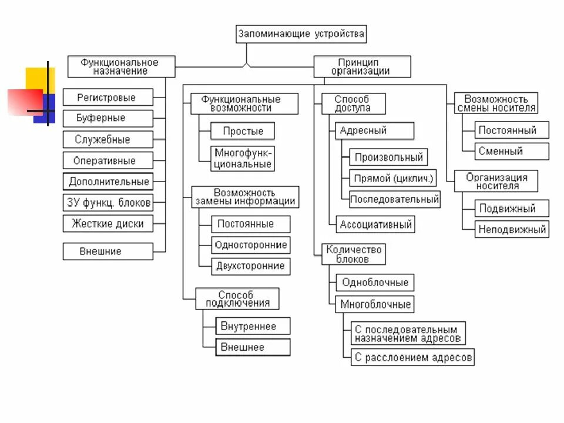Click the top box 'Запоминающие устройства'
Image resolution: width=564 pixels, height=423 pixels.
pos(301,34)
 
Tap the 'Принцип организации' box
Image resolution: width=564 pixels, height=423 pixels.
pos(361,66)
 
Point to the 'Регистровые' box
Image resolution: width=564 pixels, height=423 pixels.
pos(107,98)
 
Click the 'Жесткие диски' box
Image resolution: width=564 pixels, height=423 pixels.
pos(108,224)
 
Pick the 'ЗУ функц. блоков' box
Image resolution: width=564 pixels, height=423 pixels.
pos(108,203)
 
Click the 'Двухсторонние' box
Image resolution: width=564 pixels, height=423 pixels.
pos(250,266)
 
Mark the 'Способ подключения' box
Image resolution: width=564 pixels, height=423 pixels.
pos(236,298)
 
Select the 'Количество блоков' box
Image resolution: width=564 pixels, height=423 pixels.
pos(354,254)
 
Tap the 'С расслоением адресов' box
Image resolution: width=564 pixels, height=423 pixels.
pos(413,357)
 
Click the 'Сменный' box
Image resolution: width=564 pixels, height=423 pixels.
pos(501,151)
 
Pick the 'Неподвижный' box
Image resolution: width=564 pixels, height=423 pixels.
pos(512,229)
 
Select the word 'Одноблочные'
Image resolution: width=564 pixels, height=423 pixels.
pos(375,283)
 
